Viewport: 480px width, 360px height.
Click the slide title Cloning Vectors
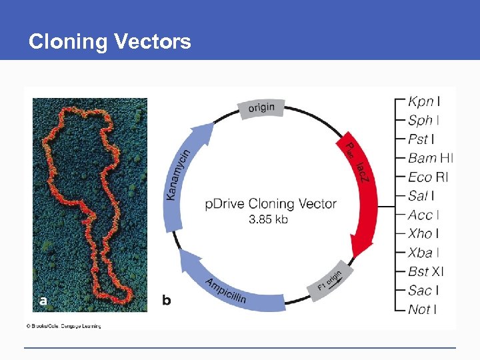[x=109, y=42]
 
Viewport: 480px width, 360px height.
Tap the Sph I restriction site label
[x=423, y=121]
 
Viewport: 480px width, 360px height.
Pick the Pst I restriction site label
[x=421, y=139]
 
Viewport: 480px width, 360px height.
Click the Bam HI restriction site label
[x=430, y=158]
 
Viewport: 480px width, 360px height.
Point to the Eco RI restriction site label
[x=428, y=177]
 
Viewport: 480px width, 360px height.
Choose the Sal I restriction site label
[x=421, y=196]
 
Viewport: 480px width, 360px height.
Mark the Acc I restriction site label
[x=423, y=215]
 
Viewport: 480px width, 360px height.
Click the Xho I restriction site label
[x=423, y=233]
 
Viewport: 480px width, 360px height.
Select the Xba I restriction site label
[x=423, y=253]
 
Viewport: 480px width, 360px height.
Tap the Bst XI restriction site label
[x=425, y=271]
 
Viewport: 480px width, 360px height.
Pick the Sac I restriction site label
[x=423, y=290]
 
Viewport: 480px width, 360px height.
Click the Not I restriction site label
[x=422, y=309]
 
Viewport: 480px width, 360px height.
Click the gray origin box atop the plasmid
[x=261, y=108]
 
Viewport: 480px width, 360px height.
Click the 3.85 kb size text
[x=268, y=219]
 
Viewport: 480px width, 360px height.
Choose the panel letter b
[x=167, y=301]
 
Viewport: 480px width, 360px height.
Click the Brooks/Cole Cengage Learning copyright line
[x=63, y=326]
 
